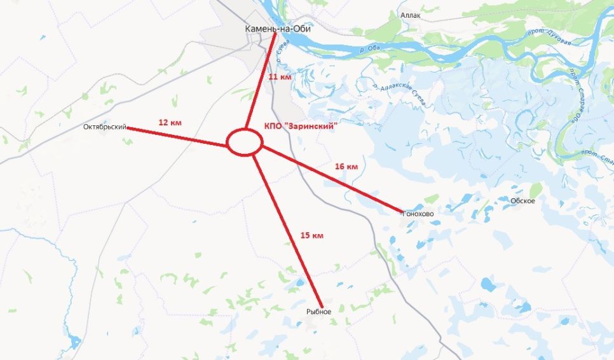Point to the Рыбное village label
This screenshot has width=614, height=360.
[319, 311]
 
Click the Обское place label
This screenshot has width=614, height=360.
[522, 201]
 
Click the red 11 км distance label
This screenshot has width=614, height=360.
[280, 76]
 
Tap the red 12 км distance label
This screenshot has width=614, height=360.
[169, 122]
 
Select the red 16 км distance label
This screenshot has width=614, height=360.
[346, 166]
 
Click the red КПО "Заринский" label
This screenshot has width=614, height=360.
[299, 127]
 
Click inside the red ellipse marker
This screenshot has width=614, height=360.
[245, 142]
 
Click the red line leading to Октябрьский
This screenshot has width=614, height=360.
[178, 137]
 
